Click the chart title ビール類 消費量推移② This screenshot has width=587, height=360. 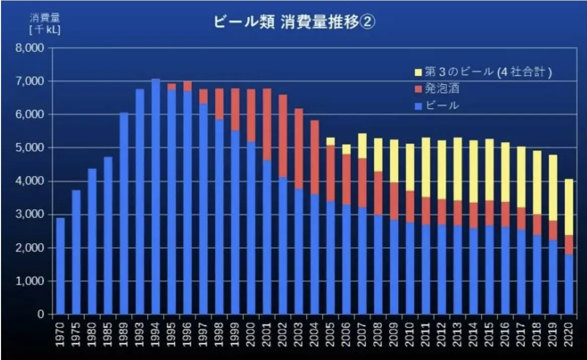tap(295, 23)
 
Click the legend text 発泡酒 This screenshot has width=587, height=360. tap(442, 89)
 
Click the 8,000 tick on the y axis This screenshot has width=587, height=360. tap(31, 48)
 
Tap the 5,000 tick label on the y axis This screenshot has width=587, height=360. tap(31, 148)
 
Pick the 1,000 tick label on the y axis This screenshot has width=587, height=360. tap(31, 282)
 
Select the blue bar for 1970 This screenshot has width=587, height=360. tap(60, 266)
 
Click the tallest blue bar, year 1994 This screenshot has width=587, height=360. tap(156, 196)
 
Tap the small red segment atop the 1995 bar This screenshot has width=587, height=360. tap(172, 87)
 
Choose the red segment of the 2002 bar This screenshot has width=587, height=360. tap(283, 136)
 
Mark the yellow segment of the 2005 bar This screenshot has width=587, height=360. tap(330, 141)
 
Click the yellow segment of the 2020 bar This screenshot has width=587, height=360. tap(568, 207)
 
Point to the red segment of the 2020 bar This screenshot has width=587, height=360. tap(568, 245)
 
